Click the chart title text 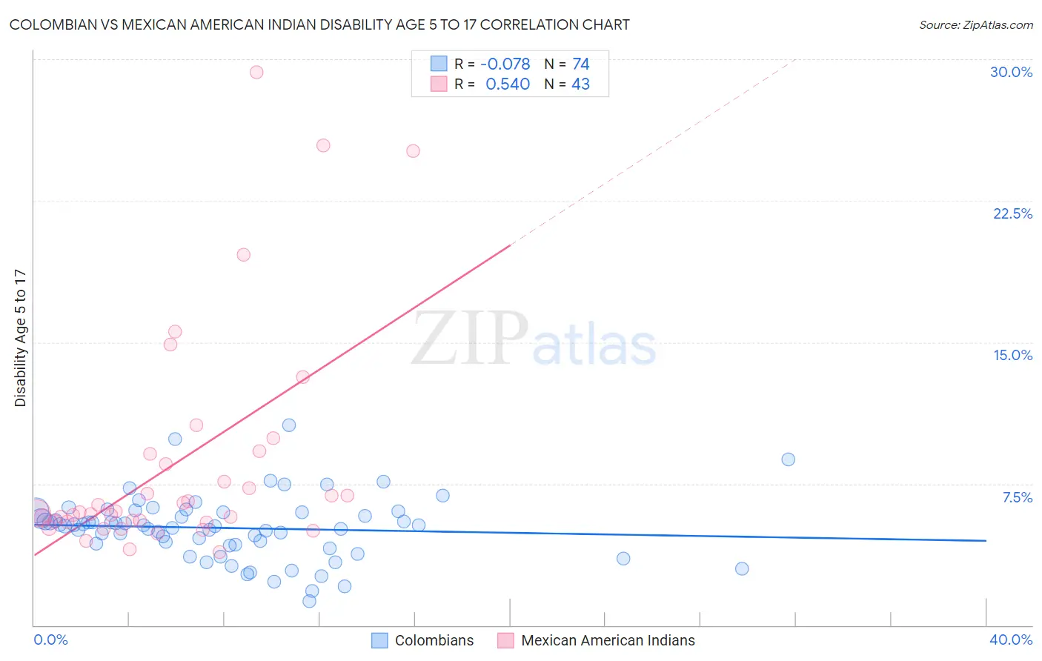coord(319,24)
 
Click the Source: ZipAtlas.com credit coord(975,25)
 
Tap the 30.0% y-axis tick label coord(1011,72)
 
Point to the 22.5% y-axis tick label coord(1012,213)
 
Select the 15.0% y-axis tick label coord(1012,355)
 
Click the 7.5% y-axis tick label coord(1017,497)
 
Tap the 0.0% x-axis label coord(50,640)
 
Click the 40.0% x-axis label coord(1010,640)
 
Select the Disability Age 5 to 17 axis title coord(21,337)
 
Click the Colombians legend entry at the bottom coord(434,640)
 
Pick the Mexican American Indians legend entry coord(608,640)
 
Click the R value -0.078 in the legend coord(505,64)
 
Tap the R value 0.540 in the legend coord(508,84)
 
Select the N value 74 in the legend coord(581,64)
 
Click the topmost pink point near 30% coord(256,72)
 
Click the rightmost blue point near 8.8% coord(788,459)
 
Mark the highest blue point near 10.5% coord(289,425)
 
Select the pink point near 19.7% coord(243,255)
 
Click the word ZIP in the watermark coord(470,339)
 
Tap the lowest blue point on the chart coord(309,601)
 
